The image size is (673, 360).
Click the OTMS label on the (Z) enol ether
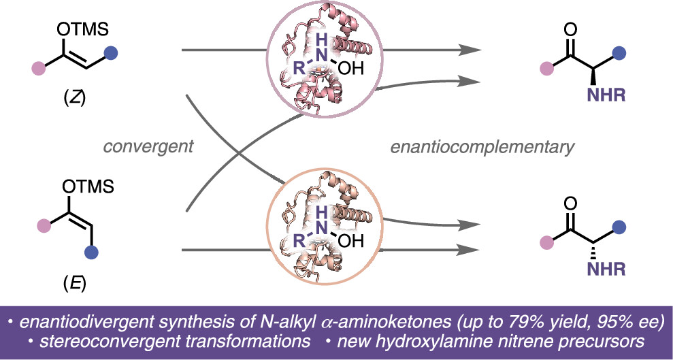click(x=82, y=31)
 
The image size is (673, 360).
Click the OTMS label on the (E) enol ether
click(x=88, y=187)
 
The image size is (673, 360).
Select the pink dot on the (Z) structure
click(x=39, y=68)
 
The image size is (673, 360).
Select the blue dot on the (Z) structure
click(x=111, y=53)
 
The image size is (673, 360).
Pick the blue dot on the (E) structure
click(x=91, y=252)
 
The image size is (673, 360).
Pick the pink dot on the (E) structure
click(x=45, y=224)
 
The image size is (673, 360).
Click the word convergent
click(x=148, y=147)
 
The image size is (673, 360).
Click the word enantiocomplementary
click(x=482, y=148)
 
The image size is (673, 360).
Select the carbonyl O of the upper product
click(x=570, y=31)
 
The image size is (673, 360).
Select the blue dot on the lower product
click(x=619, y=227)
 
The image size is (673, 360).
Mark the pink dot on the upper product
click(x=547, y=68)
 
